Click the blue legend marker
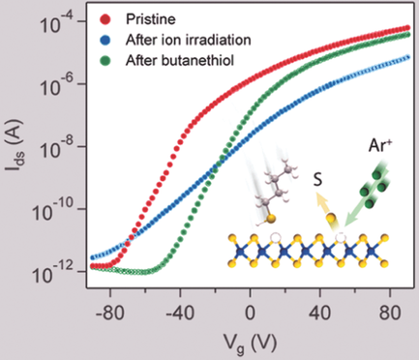pos(107,39)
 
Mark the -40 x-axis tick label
pos(179,312)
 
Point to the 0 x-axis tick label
pos(250,312)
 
